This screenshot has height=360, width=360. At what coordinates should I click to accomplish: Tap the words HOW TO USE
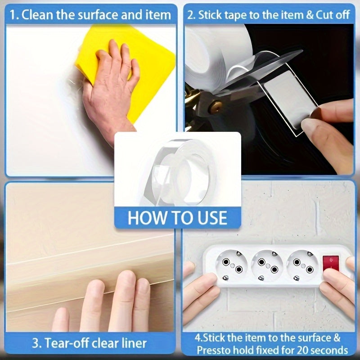(178, 217)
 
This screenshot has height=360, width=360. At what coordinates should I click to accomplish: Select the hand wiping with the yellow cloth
(108, 90)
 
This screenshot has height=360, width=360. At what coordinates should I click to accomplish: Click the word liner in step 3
(134, 343)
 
